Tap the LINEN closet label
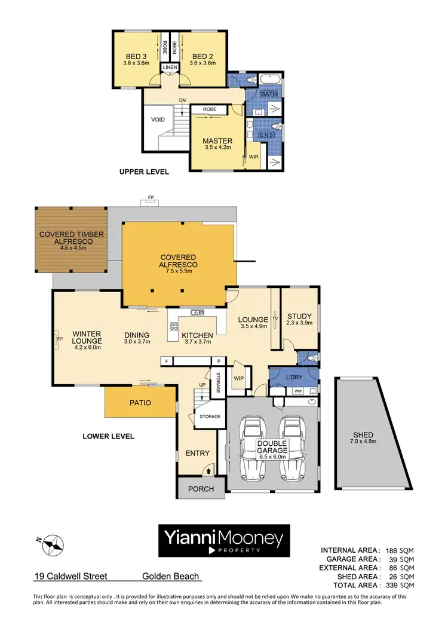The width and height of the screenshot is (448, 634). coord(170,68)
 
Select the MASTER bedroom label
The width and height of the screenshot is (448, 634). coord(217,141)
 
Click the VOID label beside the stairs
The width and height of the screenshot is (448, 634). coord(158,120)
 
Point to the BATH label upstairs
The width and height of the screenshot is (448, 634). coord(268,94)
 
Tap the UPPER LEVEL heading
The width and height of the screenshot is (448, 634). coord(144,172)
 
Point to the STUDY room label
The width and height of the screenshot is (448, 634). coord(299,317)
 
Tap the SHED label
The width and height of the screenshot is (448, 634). coord(363,435)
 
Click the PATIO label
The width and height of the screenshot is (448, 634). coord(140,403)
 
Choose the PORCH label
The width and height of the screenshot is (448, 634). coord(201,488)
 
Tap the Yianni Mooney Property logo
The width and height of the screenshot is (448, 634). coord(224,541)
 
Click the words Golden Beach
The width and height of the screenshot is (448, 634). coord(170,577)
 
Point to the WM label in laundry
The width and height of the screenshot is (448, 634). coord(297,391)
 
